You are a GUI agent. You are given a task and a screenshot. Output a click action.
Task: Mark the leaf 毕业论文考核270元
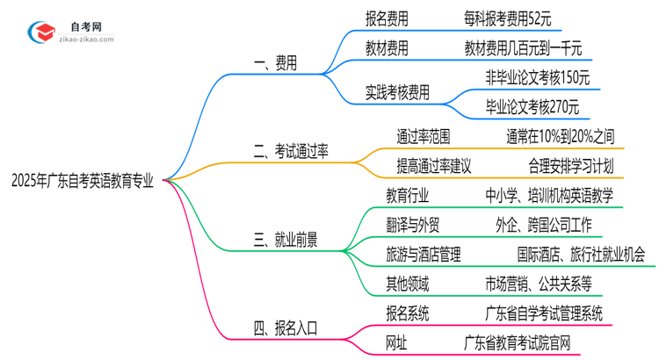(532, 106)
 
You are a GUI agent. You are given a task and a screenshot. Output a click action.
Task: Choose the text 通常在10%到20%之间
(560, 136)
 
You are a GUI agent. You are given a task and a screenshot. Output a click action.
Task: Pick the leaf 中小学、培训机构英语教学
(549, 196)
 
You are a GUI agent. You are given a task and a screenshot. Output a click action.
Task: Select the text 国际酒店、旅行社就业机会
(580, 256)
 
